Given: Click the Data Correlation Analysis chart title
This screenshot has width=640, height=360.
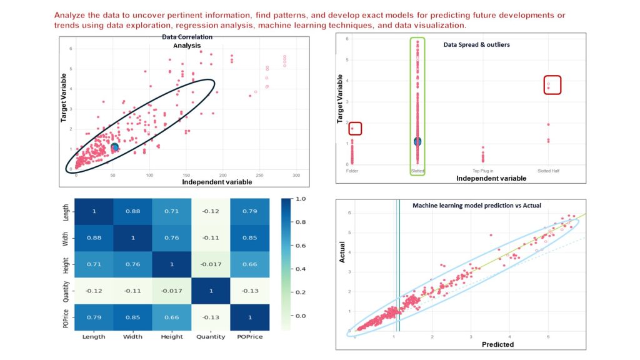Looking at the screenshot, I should (187, 41).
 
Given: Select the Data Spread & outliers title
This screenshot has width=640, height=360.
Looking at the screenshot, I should (476, 45).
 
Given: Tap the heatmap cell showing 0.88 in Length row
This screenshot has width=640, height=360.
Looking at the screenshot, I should (133, 211).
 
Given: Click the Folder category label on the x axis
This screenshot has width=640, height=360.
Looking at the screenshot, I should (352, 171).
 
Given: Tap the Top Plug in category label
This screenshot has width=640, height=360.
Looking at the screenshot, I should (482, 171).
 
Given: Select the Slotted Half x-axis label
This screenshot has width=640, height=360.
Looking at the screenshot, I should (547, 171).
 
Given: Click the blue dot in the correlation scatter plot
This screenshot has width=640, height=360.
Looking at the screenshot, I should (114, 147).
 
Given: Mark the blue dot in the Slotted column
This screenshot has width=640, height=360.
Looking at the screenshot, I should (417, 141).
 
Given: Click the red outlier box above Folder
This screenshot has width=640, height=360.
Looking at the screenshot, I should (355, 129).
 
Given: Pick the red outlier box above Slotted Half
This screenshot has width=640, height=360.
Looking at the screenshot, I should (548, 84).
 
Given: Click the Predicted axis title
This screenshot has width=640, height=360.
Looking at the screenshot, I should (497, 344).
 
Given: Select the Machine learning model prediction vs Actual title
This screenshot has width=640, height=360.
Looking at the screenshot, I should (477, 206).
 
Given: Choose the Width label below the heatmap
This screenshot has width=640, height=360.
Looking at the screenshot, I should (133, 337).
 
